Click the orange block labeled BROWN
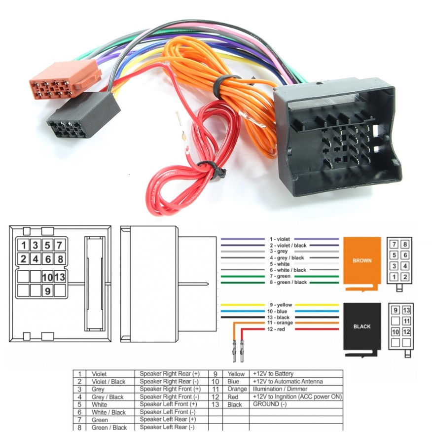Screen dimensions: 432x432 click(362, 260)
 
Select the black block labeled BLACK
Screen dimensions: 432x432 click(362, 326)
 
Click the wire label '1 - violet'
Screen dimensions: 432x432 click(280, 239)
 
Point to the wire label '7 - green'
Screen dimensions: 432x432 click(280, 276)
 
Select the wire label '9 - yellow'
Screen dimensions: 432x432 click(280, 305)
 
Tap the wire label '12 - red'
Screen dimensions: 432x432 click(276, 329)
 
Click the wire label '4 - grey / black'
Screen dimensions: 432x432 click(287, 257)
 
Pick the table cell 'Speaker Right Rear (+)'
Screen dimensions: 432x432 click(170, 374)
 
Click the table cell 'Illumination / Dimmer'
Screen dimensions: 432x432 click(280, 389)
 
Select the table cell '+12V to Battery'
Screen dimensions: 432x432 click(273, 374)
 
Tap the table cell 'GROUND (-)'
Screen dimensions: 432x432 click(269, 404)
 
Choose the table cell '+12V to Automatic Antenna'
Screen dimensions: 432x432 click(287, 381)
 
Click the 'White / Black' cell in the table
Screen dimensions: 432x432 click(108, 412)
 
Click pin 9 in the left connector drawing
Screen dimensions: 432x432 click(47, 291)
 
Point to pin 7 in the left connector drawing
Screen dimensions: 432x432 click(59, 245)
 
